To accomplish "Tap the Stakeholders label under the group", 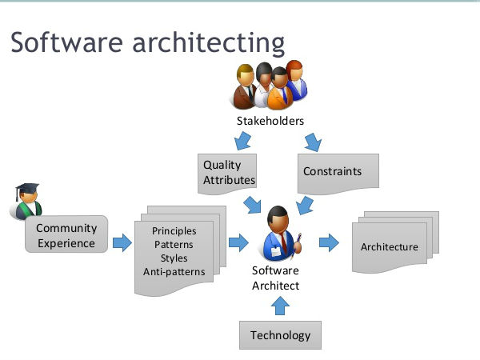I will [x=270, y=122].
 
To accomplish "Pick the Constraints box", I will [x=333, y=171].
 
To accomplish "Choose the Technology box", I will [x=280, y=334].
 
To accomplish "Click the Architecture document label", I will [x=390, y=246].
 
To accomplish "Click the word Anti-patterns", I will [x=174, y=272].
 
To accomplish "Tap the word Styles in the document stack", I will [x=174, y=258].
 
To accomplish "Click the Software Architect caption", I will [x=275, y=278].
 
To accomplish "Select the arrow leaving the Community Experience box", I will [x=122, y=242].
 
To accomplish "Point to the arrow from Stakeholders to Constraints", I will [x=312, y=143].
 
